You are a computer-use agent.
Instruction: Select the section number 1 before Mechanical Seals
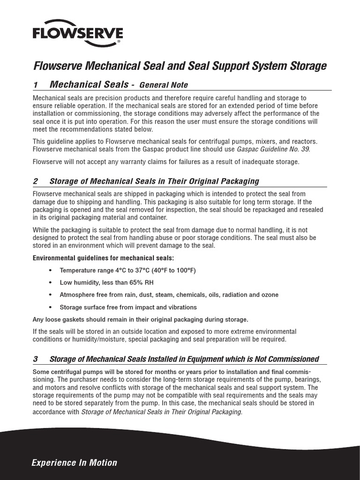35,85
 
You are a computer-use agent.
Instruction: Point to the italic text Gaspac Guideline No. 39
273,149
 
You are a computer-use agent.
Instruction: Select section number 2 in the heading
35,181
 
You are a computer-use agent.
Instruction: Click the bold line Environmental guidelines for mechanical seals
103,258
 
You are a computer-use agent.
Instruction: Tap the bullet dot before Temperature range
51,271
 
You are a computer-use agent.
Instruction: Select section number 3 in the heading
35,359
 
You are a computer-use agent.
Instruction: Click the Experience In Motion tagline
74,463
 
